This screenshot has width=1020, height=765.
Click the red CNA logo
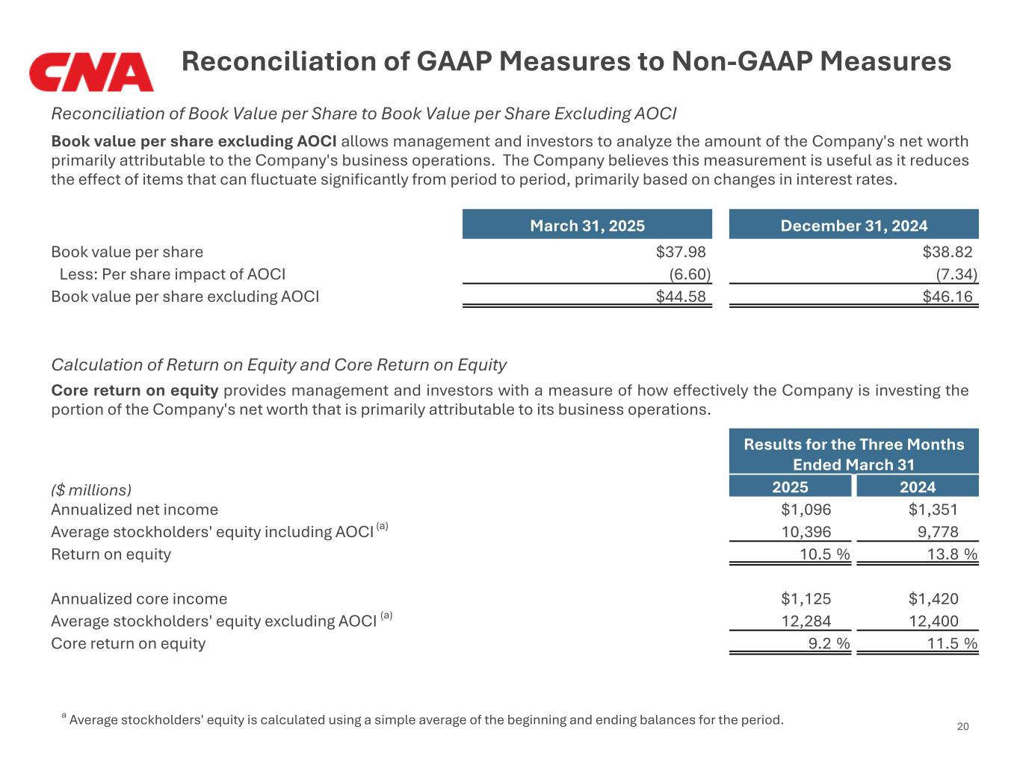tap(91, 72)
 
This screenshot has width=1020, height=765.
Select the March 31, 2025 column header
tap(587, 226)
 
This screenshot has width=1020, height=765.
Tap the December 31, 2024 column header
tap(853, 226)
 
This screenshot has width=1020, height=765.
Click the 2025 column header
tap(790, 487)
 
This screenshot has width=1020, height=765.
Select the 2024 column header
tap(917, 487)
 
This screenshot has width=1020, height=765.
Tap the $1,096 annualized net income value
tap(806, 510)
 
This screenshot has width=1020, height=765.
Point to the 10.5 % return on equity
tap(824, 554)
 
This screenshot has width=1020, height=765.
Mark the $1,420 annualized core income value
tap(933, 598)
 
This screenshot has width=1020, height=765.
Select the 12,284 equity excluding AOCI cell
tap(806, 621)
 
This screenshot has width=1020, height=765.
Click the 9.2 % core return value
tap(829, 643)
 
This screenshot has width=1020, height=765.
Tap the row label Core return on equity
tap(128, 643)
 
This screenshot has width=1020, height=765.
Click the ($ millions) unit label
tap(91, 490)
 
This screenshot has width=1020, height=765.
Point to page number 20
tap(962, 727)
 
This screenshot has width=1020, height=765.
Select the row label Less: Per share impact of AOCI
tap(172, 275)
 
